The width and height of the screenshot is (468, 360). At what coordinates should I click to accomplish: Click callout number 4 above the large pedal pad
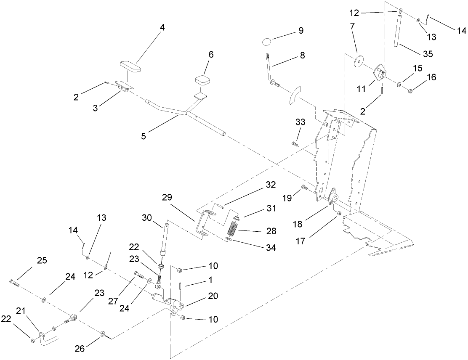[x=162, y=28]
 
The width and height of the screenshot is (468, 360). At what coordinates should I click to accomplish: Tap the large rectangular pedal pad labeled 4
[x=130, y=66]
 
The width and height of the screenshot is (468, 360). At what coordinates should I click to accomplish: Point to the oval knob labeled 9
[x=266, y=42]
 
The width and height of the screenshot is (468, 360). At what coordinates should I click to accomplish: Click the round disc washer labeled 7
[x=359, y=61]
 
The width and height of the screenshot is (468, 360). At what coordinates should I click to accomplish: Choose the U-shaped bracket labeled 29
[x=203, y=222]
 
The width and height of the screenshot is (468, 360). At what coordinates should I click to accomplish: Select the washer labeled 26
[x=102, y=335]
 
